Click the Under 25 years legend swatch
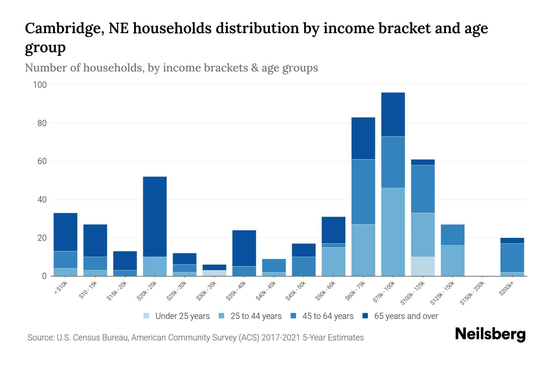pyautogui.click(x=146, y=316)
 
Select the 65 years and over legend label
pyautogui.click(x=406, y=316)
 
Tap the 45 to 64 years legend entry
pyautogui.click(x=328, y=316)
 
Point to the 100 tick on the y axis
pyautogui.click(x=40, y=85)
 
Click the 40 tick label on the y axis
pyautogui.click(x=42, y=200)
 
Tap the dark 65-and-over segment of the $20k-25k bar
pyautogui.click(x=155, y=217)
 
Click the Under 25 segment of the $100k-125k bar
pyautogui.click(x=423, y=266)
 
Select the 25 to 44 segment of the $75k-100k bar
pyautogui.click(x=393, y=232)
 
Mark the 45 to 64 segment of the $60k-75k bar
pyautogui.click(x=363, y=192)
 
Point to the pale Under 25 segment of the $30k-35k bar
pyautogui.click(x=214, y=273)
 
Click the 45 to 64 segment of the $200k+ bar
pyautogui.click(x=512, y=258)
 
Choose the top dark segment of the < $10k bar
pyautogui.click(x=65, y=232)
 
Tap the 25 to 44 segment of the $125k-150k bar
pyautogui.click(x=452, y=261)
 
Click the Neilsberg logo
pyautogui.click(x=490, y=334)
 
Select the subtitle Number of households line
pyautogui.click(x=171, y=68)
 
